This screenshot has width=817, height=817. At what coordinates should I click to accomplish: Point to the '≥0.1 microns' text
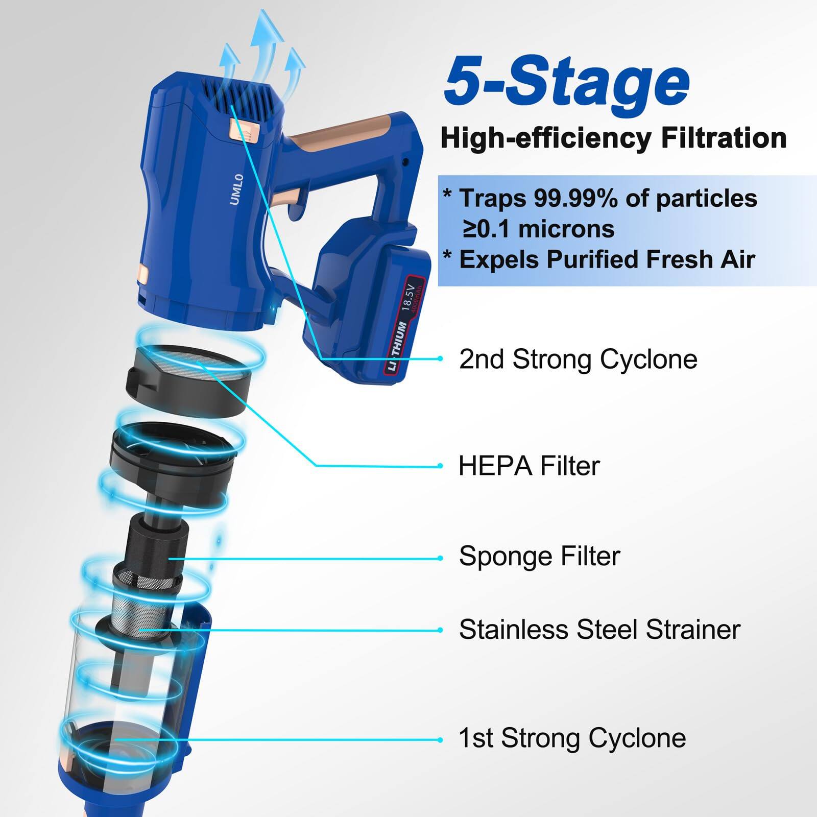point(538,229)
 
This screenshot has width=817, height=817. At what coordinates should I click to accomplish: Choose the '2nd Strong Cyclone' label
point(578,359)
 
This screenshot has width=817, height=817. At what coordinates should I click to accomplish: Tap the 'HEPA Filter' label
point(529,466)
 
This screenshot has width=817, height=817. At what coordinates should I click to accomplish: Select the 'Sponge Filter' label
point(539,556)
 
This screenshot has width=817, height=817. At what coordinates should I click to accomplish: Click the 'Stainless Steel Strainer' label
point(599,630)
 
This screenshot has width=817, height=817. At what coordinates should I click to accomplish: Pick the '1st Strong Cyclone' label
point(572,738)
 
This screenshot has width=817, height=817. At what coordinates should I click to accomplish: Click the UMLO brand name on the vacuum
point(236,189)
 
